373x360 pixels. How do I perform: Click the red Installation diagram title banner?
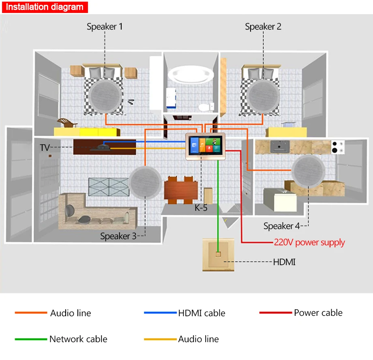click(45, 7)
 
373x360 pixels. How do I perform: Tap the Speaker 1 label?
click(105, 26)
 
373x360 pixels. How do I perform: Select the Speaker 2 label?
click(263, 26)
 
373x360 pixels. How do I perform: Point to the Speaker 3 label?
click(118, 236)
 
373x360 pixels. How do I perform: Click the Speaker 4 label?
click(281, 226)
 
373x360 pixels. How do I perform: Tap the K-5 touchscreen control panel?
click(205, 146)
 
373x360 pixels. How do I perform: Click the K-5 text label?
click(201, 208)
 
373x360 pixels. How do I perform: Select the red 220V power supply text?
click(309, 242)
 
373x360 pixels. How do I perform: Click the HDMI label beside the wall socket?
click(284, 262)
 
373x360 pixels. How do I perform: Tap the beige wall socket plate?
click(219, 255)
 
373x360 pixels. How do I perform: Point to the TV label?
click(45, 148)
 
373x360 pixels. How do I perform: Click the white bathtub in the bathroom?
click(191, 74)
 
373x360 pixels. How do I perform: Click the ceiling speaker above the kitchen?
click(308, 171)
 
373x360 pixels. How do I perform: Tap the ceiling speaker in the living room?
click(145, 182)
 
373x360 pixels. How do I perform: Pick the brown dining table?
click(181, 190)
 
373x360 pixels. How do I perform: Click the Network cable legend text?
click(78, 339)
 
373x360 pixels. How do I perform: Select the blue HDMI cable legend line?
click(160, 313)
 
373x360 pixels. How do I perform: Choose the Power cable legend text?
click(318, 313)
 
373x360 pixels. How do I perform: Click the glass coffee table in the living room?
click(109, 187)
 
